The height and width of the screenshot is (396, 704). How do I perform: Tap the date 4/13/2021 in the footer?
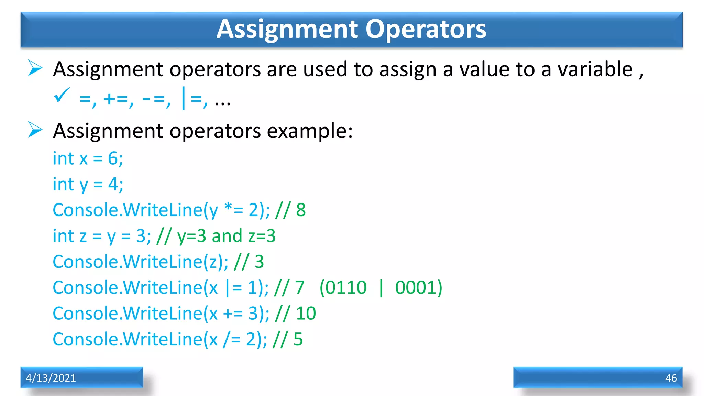coord(51,378)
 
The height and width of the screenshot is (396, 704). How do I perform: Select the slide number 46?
coord(671,378)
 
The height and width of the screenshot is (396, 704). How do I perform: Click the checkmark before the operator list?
coord(62,95)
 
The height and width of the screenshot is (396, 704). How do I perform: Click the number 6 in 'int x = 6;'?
coord(113,159)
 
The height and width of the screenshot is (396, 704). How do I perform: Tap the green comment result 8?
coord(301,210)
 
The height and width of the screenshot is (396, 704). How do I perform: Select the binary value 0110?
coord(346,287)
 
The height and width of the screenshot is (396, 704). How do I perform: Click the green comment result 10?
coord(306,313)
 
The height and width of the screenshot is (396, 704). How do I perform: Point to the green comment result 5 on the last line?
coord(298,339)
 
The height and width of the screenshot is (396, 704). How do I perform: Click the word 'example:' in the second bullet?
coord(310,131)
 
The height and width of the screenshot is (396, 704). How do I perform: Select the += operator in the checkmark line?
coord(115,99)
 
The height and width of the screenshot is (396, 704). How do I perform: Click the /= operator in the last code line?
coord(232,339)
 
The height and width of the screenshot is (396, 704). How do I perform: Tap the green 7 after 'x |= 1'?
coord(300,287)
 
